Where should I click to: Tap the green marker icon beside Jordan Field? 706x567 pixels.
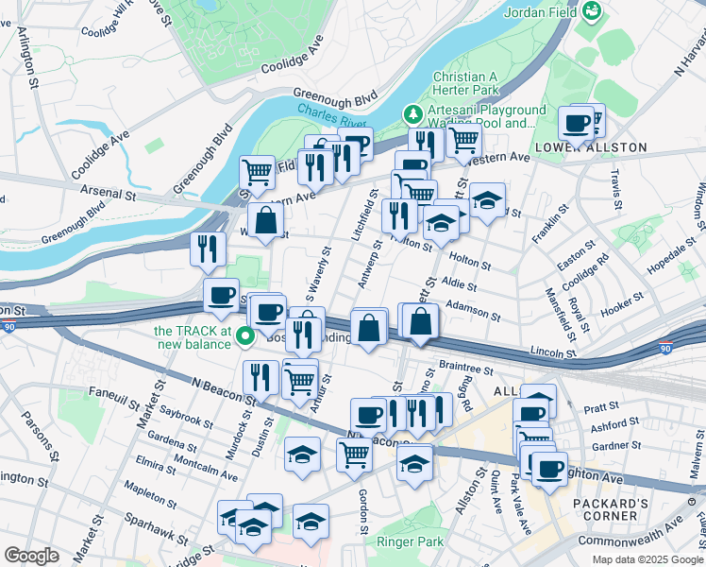(x=592, y=12)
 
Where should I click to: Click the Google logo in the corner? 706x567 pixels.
(x=31, y=555)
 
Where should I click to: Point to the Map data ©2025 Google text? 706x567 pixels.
(x=647, y=559)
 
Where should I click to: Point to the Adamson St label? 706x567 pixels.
(x=472, y=307)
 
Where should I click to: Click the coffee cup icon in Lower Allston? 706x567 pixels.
(x=576, y=123)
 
